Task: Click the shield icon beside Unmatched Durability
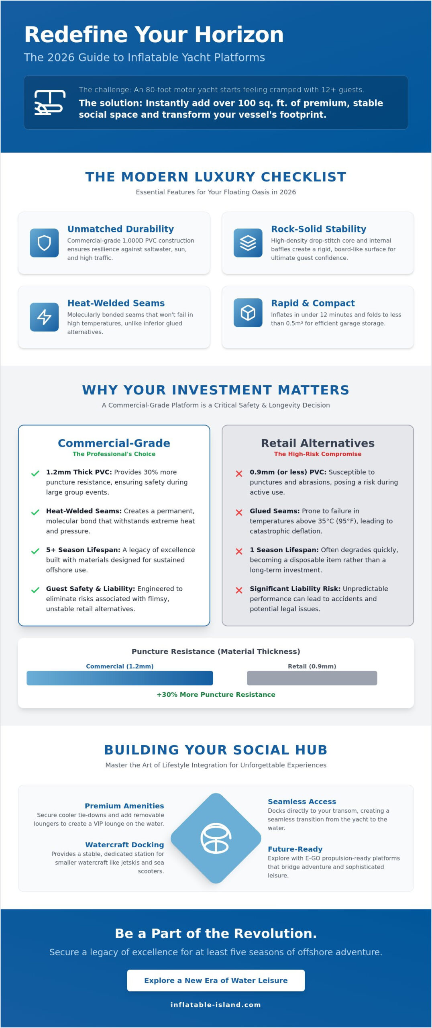coord(44,243)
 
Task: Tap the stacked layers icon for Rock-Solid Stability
coord(248,243)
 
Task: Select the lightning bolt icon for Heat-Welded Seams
coord(44,317)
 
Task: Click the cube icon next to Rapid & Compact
coord(248,313)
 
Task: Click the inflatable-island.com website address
coord(216,1005)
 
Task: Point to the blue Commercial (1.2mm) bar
coord(120,678)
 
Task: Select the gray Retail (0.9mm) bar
coord(312,678)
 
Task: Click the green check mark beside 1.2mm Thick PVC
coord(35,473)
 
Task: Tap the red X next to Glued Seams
coord(239,512)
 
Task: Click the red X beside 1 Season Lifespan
coord(239,551)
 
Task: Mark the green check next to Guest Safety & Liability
coord(35,590)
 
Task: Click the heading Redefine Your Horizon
coord(154,35)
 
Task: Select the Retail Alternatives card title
coord(318,443)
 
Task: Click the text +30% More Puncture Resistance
coord(216,694)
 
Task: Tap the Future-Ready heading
coord(295,849)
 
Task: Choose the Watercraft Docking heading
coord(124,844)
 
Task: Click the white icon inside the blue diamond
coord(216,838)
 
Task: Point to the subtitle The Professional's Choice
coord(114,454)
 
